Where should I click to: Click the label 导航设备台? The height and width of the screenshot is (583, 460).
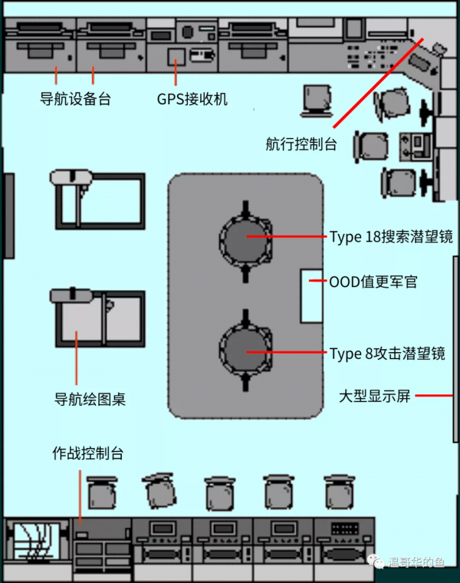pyautogui.click(x=75, y=99)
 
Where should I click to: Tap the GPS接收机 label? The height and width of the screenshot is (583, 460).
pyautogui.click(x=192, y=100)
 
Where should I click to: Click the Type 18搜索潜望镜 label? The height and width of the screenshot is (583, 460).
pyautogui.click(x=391, y=237)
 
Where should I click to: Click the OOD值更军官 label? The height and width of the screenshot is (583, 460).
pyautogui.click(x=373, y=282)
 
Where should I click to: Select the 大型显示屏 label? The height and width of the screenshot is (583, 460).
pyautogui.click(x=376, y=396)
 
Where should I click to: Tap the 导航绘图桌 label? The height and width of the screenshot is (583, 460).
pyautogui.click(x=90, y=399)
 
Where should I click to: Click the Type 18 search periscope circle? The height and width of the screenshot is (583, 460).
pyautogui.click(x=245, y=236)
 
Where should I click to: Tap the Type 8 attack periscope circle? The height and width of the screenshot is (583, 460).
pyautogui.click(x=245, y=351)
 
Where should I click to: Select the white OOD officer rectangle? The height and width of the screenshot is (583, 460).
pyautogui.click(x=312, y=295)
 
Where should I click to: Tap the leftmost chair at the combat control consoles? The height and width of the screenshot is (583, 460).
pyautogui.click(x=100, y=493)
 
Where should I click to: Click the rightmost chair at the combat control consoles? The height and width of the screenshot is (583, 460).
pyautogui.click(x=338, y=492)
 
